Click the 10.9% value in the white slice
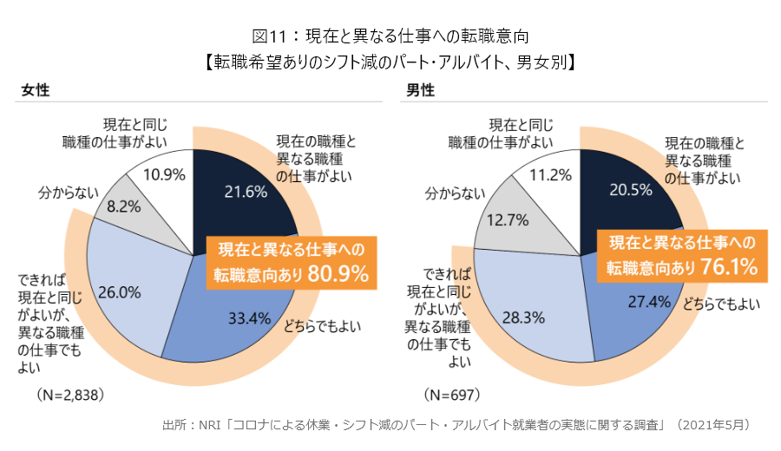(165, 174)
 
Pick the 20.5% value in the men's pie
(630, 190)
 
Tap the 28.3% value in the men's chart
(523, 318)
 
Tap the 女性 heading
(35, 89)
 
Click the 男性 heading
(421, 89)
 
